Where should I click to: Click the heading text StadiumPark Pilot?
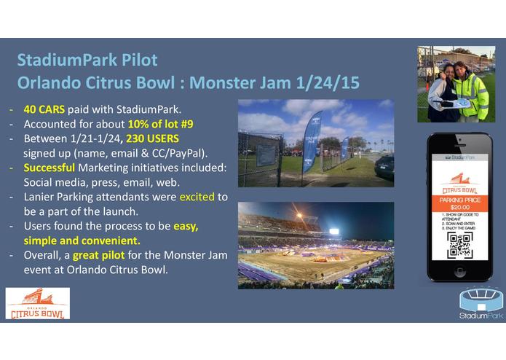pyautogui.click(x=87, y=60)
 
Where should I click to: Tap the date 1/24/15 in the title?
pyautogui.click(x=325, y=82)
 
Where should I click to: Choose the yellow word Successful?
pyautogui.click(x=52, y=168)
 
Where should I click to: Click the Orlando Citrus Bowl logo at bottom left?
pyautogui.click(x=38, y=303)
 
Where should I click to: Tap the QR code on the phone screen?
pyautogui.click(x=459, y=245)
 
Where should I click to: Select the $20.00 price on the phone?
pyautogui.click(x=459, y=206)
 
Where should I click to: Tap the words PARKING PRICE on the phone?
pyautogui.click(x=459, y=198)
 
